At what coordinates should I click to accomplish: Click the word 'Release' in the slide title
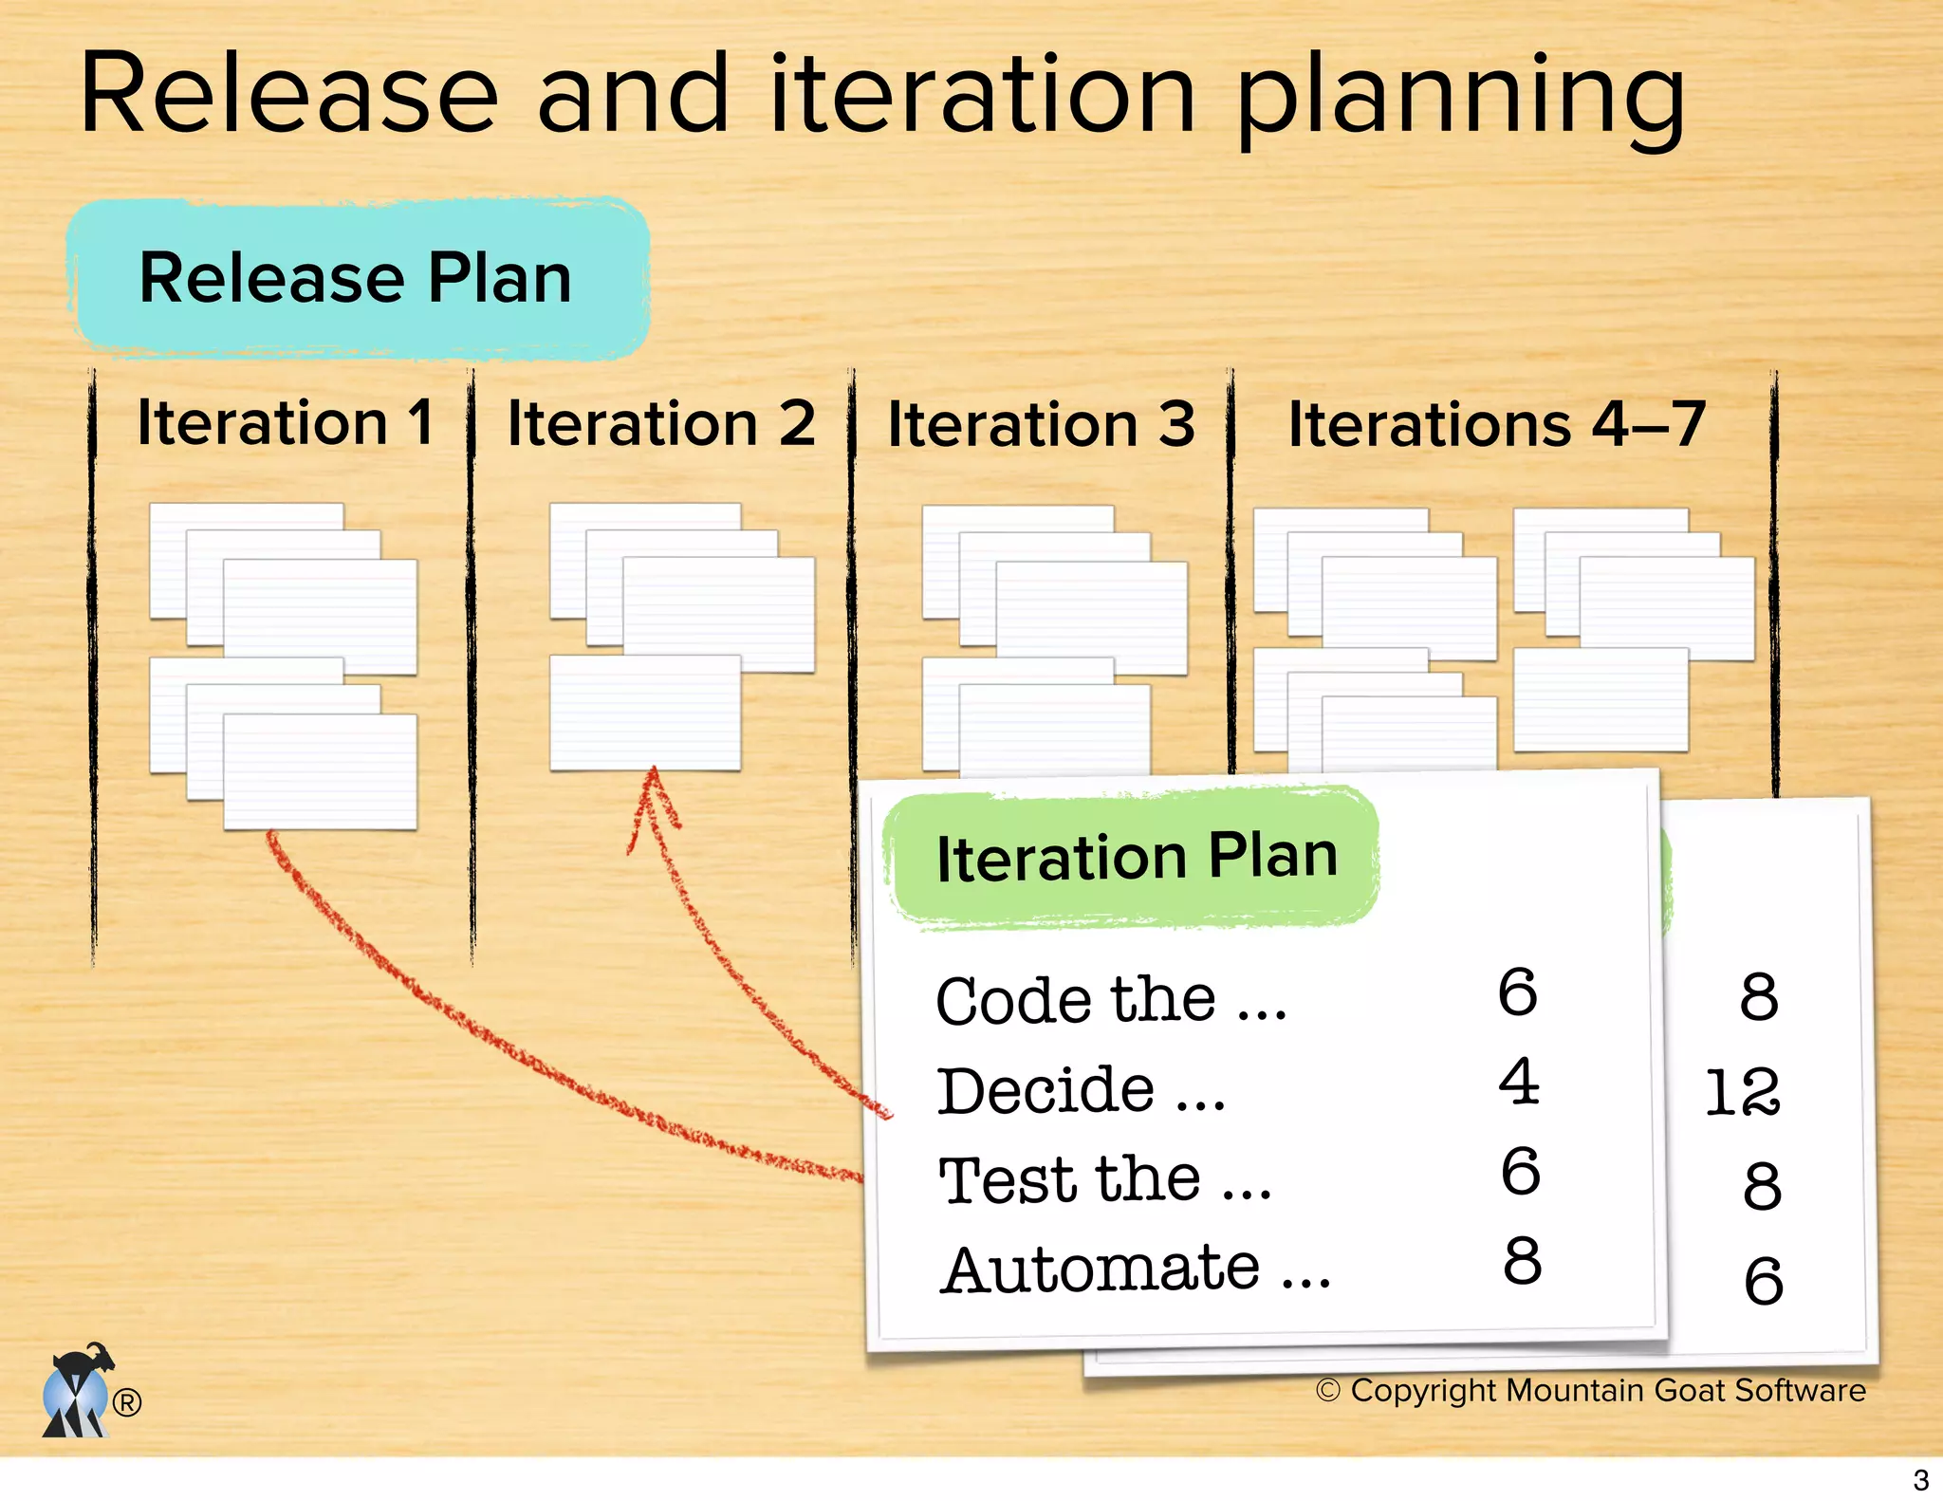pos(288,95)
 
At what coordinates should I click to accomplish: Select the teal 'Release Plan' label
pos(357,279)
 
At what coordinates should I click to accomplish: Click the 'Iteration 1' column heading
pos(285,422)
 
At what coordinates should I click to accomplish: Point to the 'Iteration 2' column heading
pos(661,423)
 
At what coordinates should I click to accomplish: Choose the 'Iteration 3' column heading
pos(1041,424)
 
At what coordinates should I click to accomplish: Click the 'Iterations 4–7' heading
pos(1496,424)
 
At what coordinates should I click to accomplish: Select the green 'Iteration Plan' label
pos(1136,857)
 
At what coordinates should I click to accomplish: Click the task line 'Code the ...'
pos(1111,1001)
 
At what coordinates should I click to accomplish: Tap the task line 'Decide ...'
pos(1081,1091)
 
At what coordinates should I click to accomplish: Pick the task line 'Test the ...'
pos(1104,1180)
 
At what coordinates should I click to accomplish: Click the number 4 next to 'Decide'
pos(1518,1082)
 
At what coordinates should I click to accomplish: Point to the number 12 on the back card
pos(1742,1092)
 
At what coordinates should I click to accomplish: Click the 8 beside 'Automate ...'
pos(1522,1261)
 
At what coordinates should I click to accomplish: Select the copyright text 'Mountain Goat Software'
pos(1685,1390)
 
